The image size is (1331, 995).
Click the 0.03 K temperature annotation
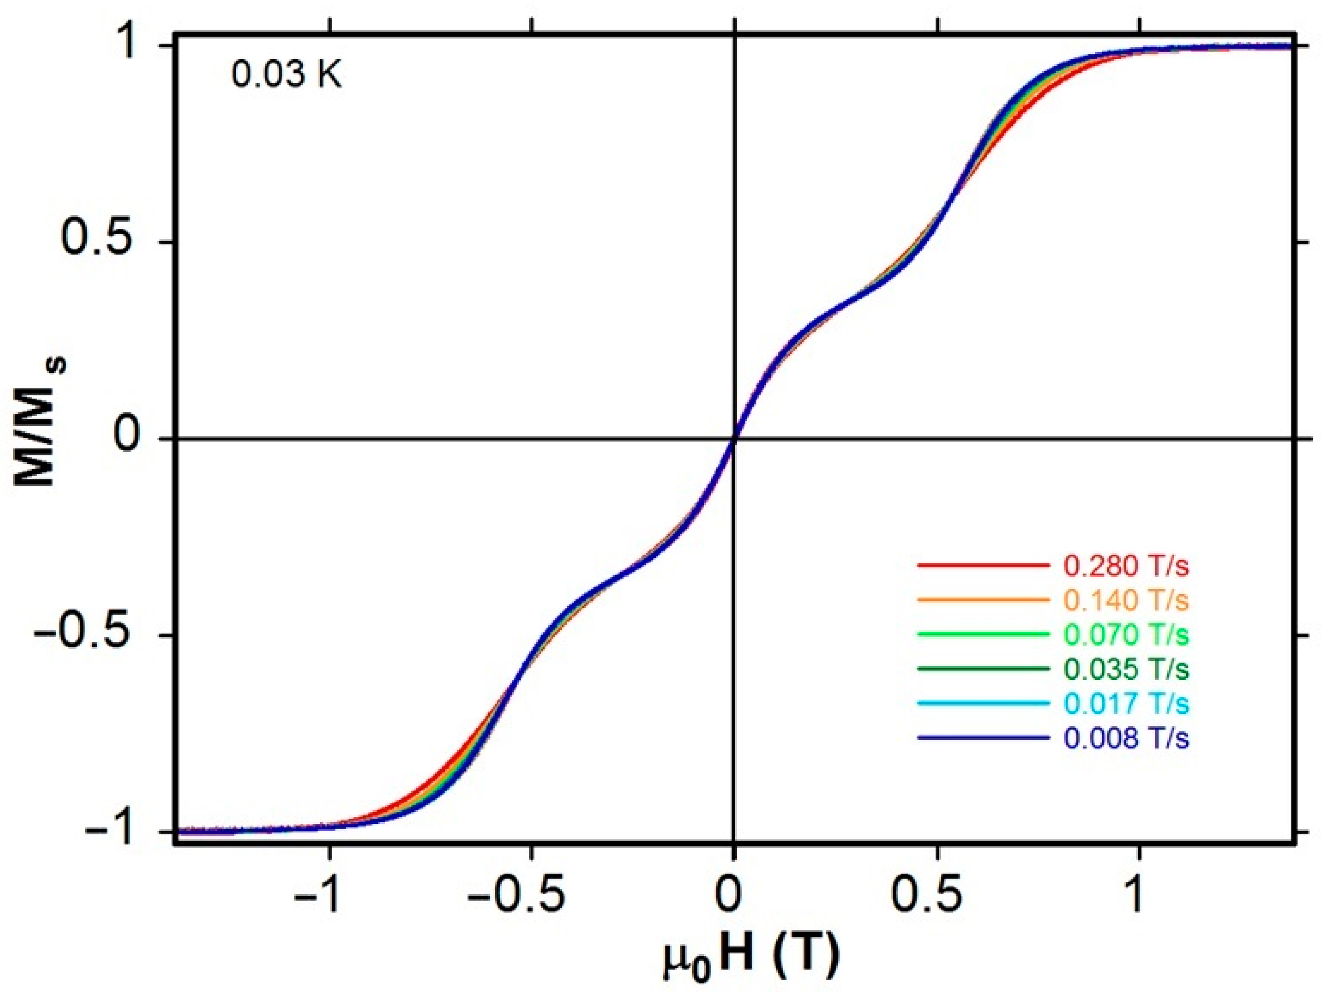click(287, 77)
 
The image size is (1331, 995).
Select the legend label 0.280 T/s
click(1126, 566)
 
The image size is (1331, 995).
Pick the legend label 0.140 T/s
click(1126, 600)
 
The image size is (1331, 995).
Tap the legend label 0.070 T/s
click(1126, 635)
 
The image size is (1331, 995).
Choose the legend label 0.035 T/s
click(1126, 669)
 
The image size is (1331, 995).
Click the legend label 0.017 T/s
click(1126, 703)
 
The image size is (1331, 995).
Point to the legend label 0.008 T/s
click(1126, 738)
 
